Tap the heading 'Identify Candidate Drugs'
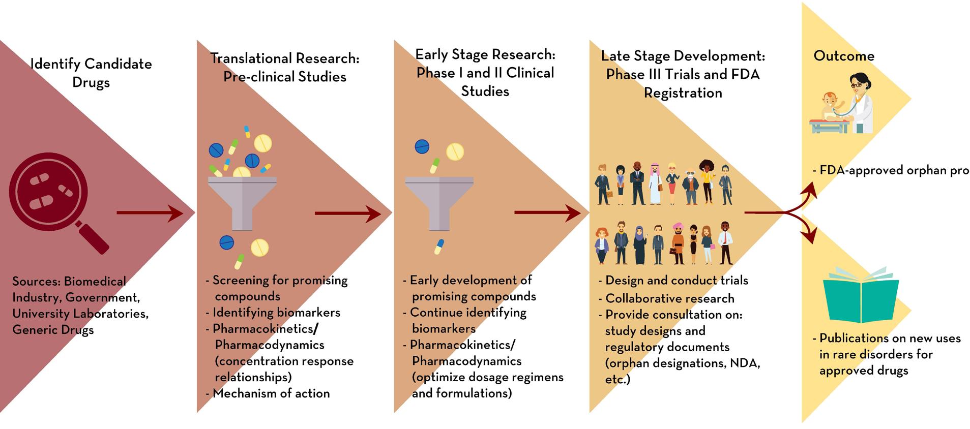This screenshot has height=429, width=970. click(91, 73)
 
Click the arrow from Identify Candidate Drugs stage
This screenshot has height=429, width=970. click(150, 212)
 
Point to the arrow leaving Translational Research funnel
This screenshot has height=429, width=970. click(347, 213)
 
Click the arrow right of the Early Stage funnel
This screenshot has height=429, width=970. click(547, 212)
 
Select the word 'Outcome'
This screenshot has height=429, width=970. click(844, 56)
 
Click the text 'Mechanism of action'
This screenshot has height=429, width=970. click(271, 393)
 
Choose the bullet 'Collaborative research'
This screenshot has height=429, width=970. click(669, 298)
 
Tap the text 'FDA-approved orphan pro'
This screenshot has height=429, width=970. click(894, 170)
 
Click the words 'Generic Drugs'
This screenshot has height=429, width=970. click(53, 330)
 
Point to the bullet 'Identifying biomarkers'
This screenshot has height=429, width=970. click(276, 312)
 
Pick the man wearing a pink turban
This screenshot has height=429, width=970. click(678, 243)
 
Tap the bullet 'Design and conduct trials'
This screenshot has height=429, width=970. click(677, 280)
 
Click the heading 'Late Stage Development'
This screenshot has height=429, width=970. click(683, 56)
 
